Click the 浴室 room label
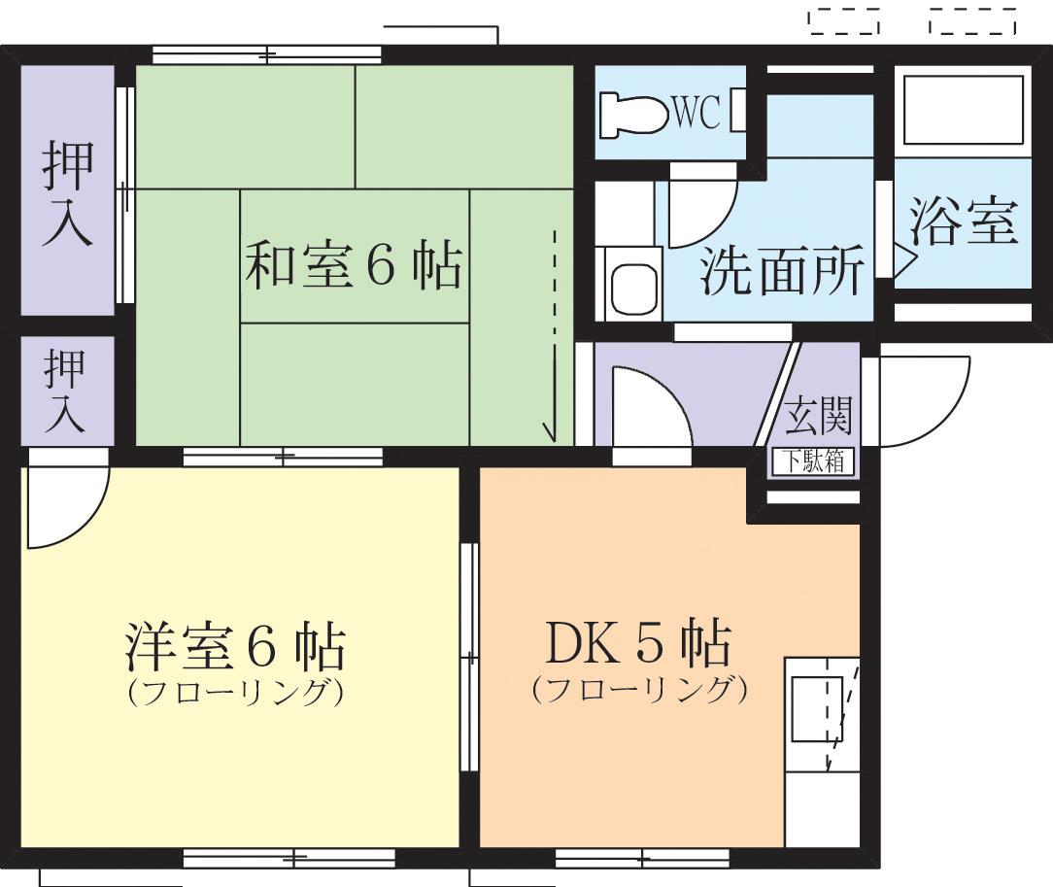[963, 222]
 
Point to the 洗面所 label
[782, 273]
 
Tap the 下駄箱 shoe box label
[813, 462]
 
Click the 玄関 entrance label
[819, 416]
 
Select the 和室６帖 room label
[352, 265]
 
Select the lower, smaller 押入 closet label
[65, 391]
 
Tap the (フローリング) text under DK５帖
[638, 691]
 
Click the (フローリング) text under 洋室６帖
[235, 694]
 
